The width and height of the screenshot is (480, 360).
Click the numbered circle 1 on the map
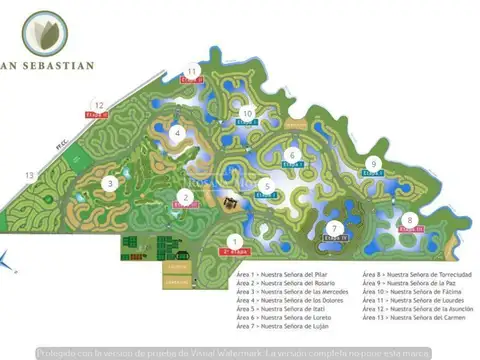point(233,240)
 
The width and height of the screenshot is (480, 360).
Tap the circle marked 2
point(186,196)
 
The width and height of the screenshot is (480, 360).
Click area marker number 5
point(266,186)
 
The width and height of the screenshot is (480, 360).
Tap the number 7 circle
point(335,228)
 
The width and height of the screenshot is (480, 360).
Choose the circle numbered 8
point(409,220)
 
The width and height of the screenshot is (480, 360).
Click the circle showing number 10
point(246,114)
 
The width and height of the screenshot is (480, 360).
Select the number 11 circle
point(192,70)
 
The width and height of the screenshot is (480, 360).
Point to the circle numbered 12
point(98,104)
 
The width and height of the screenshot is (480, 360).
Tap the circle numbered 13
point(30,176)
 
